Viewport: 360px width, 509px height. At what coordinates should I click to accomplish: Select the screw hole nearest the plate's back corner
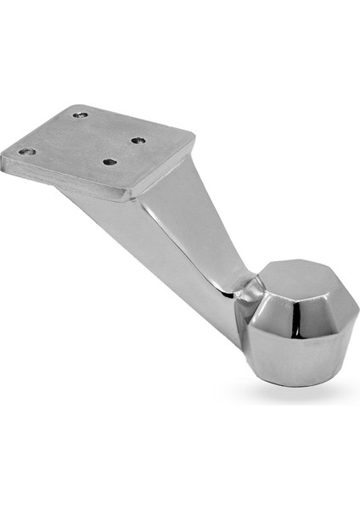(x=81, y=115)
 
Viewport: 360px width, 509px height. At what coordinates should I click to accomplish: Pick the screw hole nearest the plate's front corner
(x=108, y=161)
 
